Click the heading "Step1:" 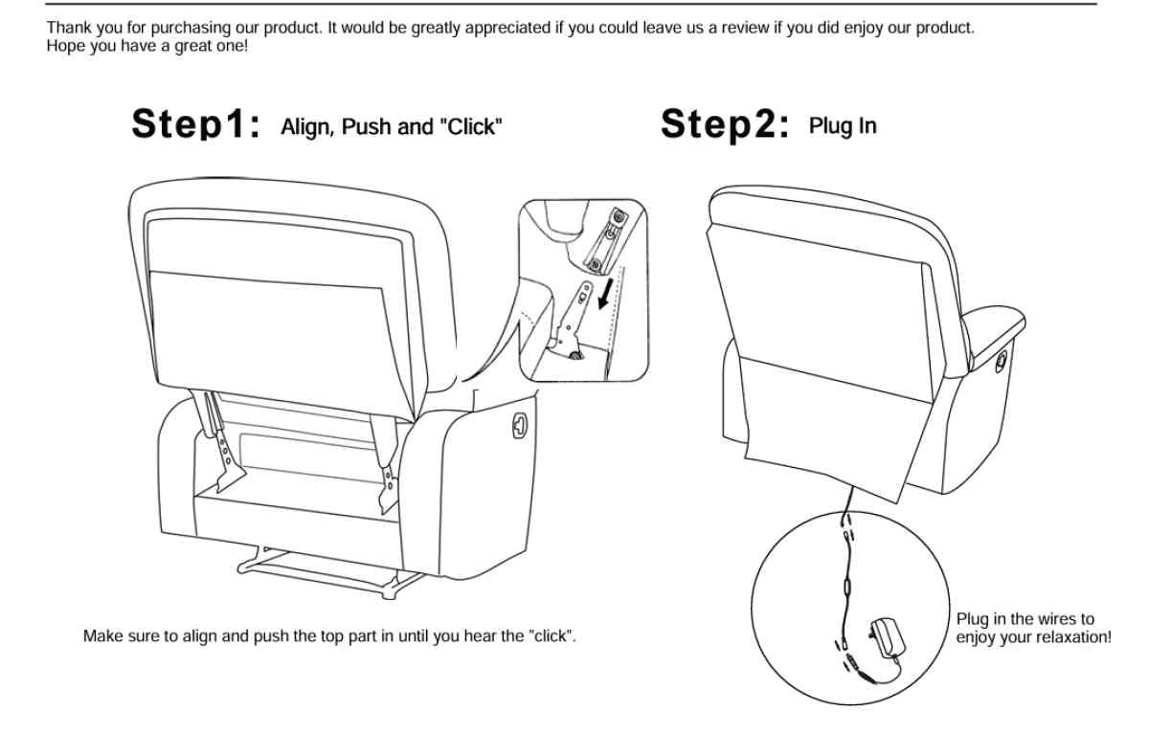(196, 125)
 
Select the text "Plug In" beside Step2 (843, 125)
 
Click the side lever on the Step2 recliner (1002, 361)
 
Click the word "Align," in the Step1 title (305, 127)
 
